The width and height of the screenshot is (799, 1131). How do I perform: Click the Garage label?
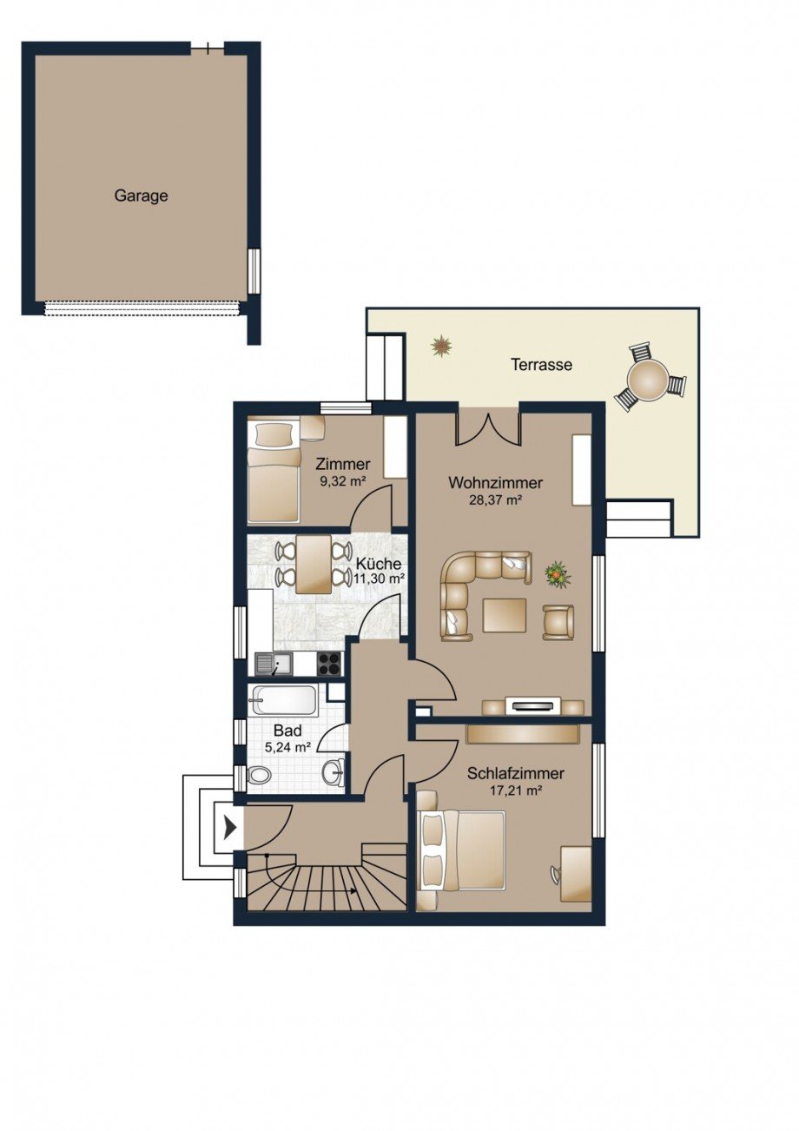tap(141, 196)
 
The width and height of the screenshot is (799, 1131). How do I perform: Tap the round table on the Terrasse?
tap(650, 380)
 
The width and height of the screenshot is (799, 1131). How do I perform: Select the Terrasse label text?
tap(541, 365)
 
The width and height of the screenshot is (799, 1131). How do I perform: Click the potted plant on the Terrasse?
tap(442, 346)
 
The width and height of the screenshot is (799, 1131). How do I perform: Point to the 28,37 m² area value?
tap(496, 500)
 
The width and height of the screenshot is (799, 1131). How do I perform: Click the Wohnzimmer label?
tap(495, 483)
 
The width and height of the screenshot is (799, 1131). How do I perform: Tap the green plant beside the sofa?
tap(556, 573)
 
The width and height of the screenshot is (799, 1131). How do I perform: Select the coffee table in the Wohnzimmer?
tap(505, 615)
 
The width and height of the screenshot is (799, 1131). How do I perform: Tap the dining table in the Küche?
tap(313, 565)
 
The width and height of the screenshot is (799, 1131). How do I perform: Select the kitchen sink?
tap(274, 665)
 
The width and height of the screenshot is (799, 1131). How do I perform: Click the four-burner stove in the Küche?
tap(329, 664)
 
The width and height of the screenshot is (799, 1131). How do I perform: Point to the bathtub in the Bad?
tap(283, 700)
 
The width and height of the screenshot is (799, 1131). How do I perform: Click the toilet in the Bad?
tap(259, 776)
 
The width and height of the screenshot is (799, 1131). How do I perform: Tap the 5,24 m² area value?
tap(287, 746)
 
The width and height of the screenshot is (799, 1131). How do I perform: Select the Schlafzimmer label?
tap(516, 773)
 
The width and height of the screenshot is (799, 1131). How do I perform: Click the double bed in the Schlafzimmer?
tap(461, 850)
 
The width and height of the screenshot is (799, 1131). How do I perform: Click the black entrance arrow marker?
tap(229, 828)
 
